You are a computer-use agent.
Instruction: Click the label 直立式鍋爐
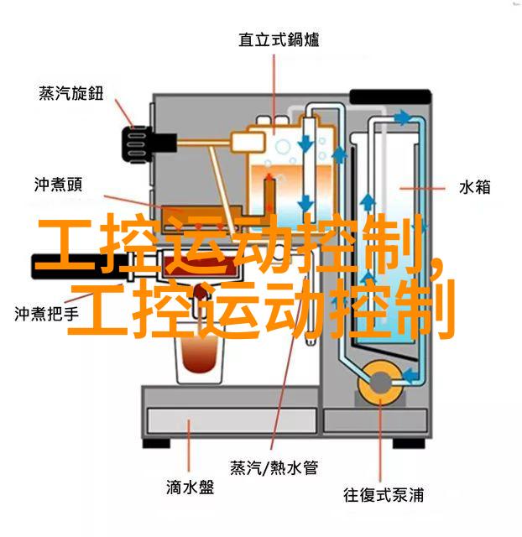pos(279,39)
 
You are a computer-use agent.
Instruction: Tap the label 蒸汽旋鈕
pos(70,93)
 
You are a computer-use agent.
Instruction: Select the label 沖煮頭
pos(58,185)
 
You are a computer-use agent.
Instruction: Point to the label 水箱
pos(474,188)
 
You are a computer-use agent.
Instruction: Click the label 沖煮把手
pos(47,314)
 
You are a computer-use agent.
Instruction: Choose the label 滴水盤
pos(191,487)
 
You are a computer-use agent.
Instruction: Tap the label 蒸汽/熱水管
pos(274,467)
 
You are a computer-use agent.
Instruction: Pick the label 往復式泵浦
pos(384,495)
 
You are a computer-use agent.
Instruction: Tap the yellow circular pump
pos(380,383)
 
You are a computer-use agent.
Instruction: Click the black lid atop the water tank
pos(390,97)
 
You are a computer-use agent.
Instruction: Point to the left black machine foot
pos(156,443)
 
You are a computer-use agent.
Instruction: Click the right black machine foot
pos(409,444)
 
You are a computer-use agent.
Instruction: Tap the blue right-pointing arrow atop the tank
pos(403,117)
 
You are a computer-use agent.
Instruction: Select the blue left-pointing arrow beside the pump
pos(410,375)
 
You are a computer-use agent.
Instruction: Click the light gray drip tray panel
pos(232,421)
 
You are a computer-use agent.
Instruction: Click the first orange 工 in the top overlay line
pos(65,244)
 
